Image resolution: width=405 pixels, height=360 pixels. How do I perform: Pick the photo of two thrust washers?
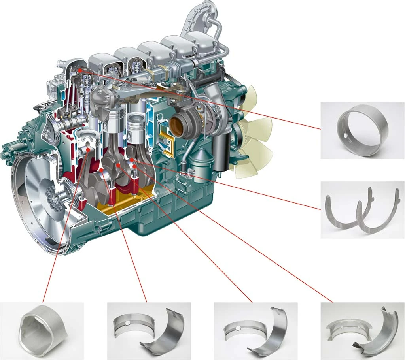[x=362, y=209]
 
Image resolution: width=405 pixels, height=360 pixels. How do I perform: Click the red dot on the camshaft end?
[x=80, y=70]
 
